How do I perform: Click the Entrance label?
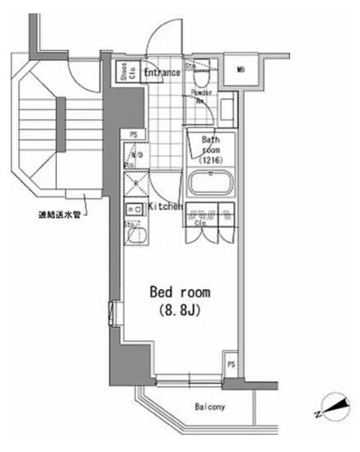(x=162, y=72)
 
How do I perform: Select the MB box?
(x=241, y=72)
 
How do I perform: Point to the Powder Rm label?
(x=201, y=96)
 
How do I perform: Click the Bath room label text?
(x=211, y=145)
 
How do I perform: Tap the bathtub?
(x=211, y=183)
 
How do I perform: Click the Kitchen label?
(x=165, y=206)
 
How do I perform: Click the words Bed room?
(x=179, y=292)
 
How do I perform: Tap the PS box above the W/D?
(x=133, y=133)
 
